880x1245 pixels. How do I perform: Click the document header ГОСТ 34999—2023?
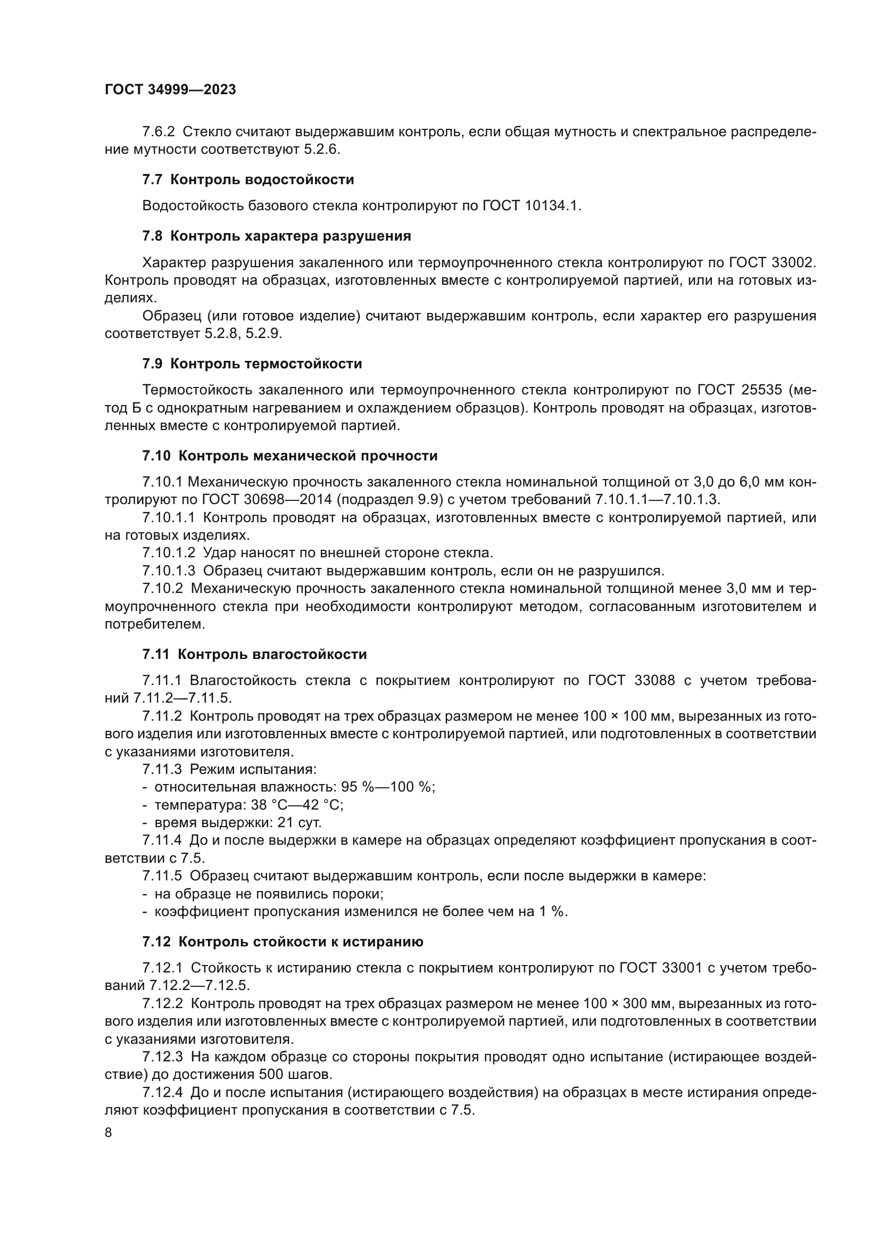(170, 90)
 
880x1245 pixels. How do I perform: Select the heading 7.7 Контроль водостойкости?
(247, 179)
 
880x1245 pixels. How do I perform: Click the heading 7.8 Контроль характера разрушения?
(276, 236)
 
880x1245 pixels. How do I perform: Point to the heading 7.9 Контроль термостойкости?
(252, 364)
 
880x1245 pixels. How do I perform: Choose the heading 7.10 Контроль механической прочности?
(289, 456)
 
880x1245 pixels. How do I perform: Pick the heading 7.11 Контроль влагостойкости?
(254, 654)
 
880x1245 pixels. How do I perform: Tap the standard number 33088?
(654, 681)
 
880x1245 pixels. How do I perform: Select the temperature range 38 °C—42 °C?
(297, 805)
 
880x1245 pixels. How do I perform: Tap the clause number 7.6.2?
(159, 132)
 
